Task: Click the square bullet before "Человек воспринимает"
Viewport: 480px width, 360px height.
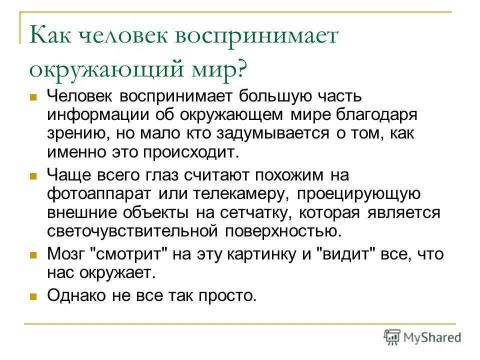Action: [34, 96]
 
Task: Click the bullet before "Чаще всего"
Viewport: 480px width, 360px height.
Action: [34, 176]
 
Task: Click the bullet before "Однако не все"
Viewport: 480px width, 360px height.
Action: [34, 296]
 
